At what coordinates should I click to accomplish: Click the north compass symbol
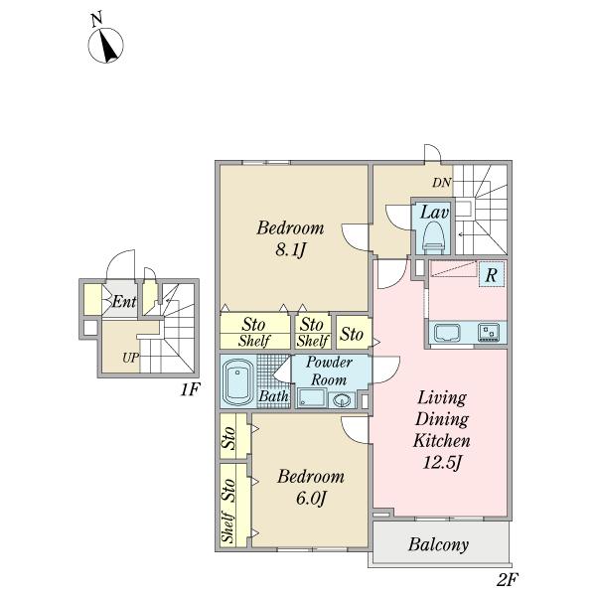105,45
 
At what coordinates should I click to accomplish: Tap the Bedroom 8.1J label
290,238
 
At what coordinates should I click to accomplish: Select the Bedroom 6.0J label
311,487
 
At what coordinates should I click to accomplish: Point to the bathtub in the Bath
238,382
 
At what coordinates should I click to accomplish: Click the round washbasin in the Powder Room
343,400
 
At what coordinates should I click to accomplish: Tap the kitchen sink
447,333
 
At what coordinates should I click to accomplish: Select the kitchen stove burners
489,332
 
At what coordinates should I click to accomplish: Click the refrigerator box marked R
492,274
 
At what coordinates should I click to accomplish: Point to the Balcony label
438,544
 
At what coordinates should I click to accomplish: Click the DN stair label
441,183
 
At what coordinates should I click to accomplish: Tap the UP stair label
130,358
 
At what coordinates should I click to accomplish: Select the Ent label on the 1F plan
124,302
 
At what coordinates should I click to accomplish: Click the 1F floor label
190,389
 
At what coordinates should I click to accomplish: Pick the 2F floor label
507,580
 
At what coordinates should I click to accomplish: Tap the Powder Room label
329,371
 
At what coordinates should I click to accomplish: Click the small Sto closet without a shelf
353,333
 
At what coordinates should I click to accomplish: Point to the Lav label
434,213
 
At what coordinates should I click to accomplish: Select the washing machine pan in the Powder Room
312,398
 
